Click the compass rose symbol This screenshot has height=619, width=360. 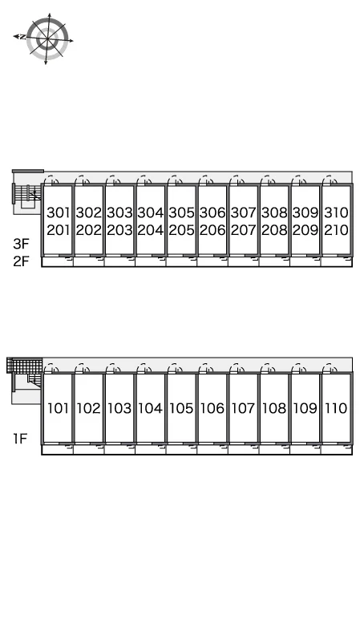pos(47,38)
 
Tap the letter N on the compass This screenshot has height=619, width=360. pos(23,37)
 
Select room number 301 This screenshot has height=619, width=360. pos(58,212)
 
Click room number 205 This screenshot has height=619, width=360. pos(181,230)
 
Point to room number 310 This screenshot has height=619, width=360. pos(336,212)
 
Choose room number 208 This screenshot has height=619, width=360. pos(274,230)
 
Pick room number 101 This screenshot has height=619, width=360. pos(58,408)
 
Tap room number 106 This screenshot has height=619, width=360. pos(212,408)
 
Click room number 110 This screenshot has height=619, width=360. pos(336,408)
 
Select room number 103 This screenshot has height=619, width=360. pos(119,408)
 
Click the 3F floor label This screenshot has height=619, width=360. pos(22,244)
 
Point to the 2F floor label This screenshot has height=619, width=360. pos(22,261)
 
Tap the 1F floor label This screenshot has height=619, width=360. pos(20,439)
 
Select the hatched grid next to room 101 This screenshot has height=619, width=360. pos(25,365)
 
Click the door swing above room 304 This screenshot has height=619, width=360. pos(144,180)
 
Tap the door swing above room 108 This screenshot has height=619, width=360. pos(268,368)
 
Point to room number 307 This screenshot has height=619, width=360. pos(244,212)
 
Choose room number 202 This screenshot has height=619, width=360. pos(89,230)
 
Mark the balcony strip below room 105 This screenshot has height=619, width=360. pos(181,449)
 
